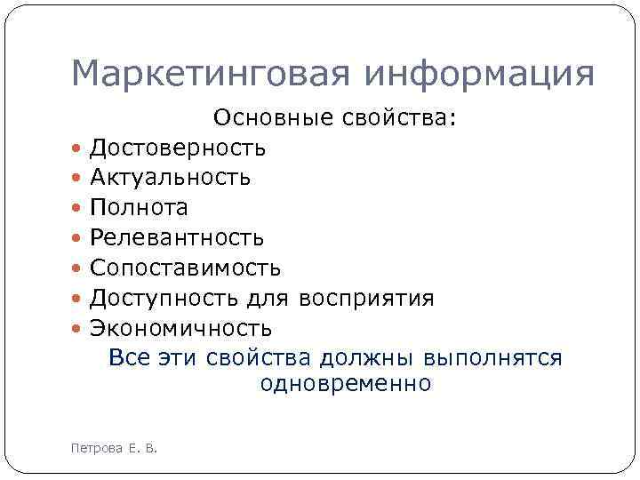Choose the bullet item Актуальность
(x=170, y=178)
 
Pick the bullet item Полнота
(x=139, y=208)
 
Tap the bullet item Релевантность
(x=176, y=238)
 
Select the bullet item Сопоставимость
(x=185, y=268)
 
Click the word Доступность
(x=170, y=299)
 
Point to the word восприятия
(x=367, y=299)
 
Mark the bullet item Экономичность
(x=180, y=329)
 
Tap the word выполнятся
(x=493, y=358)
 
